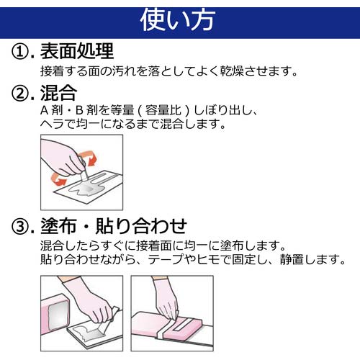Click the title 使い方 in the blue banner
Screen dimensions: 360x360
[178, 20]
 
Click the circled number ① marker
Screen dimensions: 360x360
[20, 52]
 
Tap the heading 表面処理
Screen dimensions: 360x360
[77, 51]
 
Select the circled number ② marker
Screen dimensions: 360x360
[20, 94]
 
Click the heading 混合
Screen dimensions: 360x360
[58, 93]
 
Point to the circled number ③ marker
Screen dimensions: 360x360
[20, 227]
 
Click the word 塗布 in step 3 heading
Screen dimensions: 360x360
[58, 226]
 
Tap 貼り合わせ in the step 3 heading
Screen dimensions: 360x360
[141, 226]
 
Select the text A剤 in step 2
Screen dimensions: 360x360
[52, 110]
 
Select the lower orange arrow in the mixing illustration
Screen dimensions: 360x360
[58, 179]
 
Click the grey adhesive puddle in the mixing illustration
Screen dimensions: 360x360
[81, 189]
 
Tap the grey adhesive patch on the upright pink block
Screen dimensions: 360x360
[58, 315]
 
